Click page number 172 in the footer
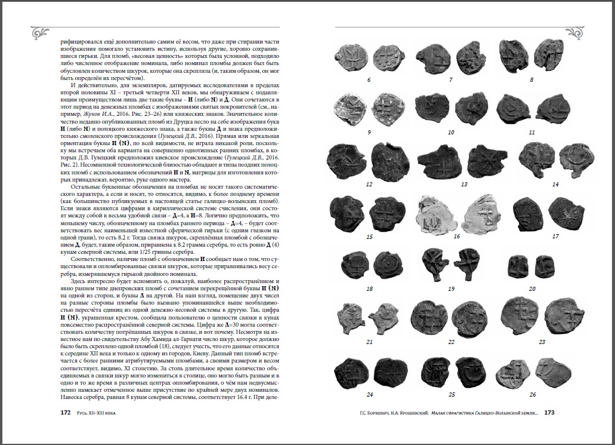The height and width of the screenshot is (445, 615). click(66, 412)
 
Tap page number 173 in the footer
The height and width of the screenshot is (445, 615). click(549, 412)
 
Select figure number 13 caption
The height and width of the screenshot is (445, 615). click(464, 185)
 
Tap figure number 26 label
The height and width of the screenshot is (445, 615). click(532, 394)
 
